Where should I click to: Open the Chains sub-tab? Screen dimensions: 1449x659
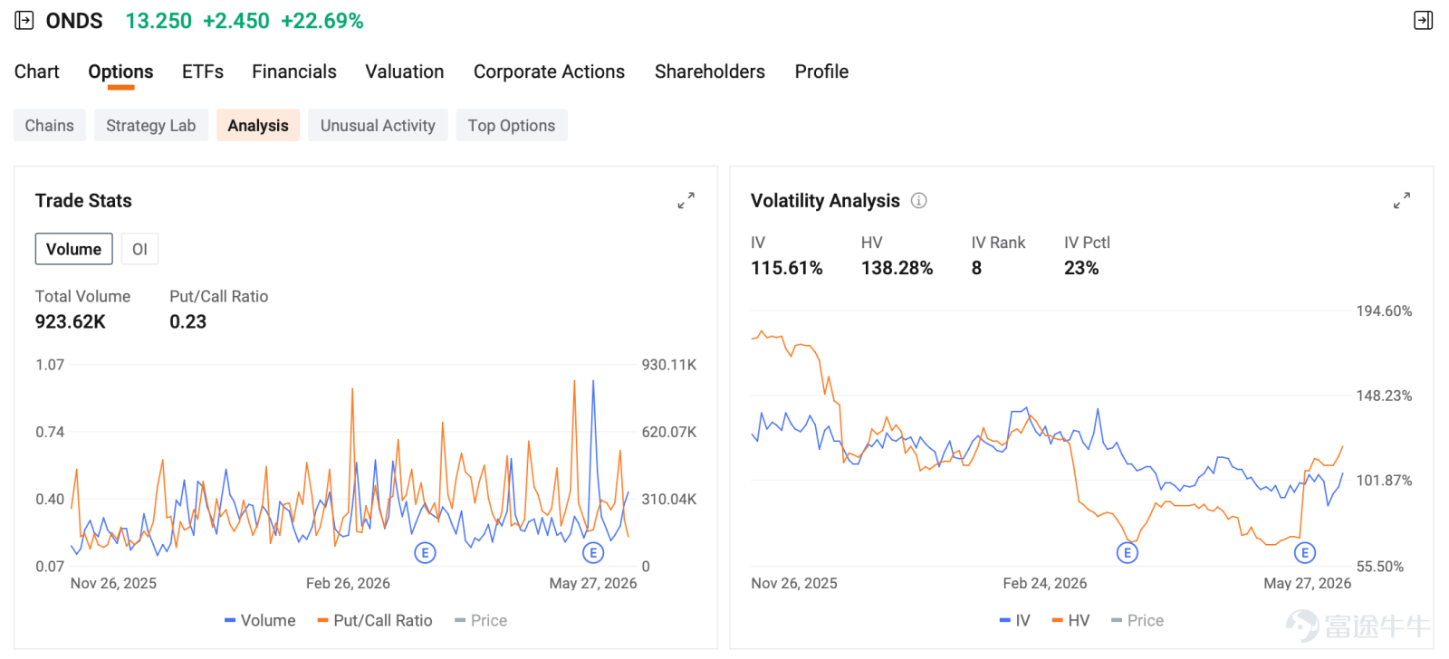point(49,126)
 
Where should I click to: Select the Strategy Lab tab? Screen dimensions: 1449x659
point(150,126)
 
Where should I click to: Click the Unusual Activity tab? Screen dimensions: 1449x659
point(378,126)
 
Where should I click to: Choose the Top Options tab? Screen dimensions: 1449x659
point(512,126)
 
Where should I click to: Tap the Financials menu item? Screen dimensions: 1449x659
point(294,72)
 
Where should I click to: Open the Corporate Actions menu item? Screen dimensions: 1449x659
point(549,72)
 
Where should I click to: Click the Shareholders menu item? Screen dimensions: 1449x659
point(710,72)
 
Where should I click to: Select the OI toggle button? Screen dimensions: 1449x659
point(139,249)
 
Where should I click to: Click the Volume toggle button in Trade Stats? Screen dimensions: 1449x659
point(73,249)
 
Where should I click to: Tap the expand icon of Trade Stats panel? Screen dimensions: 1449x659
point(686,200)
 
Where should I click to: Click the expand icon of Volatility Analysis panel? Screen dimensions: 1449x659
point(1402,200)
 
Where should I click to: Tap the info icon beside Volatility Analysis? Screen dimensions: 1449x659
point(918,200)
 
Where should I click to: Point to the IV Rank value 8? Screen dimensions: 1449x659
point(976,268)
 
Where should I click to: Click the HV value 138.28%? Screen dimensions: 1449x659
point(897,268)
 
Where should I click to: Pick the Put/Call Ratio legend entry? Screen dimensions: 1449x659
point(375,620)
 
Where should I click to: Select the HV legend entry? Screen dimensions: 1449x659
point(1070,620)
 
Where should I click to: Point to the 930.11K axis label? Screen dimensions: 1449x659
point(669,365)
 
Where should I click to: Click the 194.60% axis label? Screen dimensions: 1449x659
point(1385,311)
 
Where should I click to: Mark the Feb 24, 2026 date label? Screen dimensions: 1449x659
point(1045,583)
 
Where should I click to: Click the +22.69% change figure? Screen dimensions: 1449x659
point(322,21)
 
